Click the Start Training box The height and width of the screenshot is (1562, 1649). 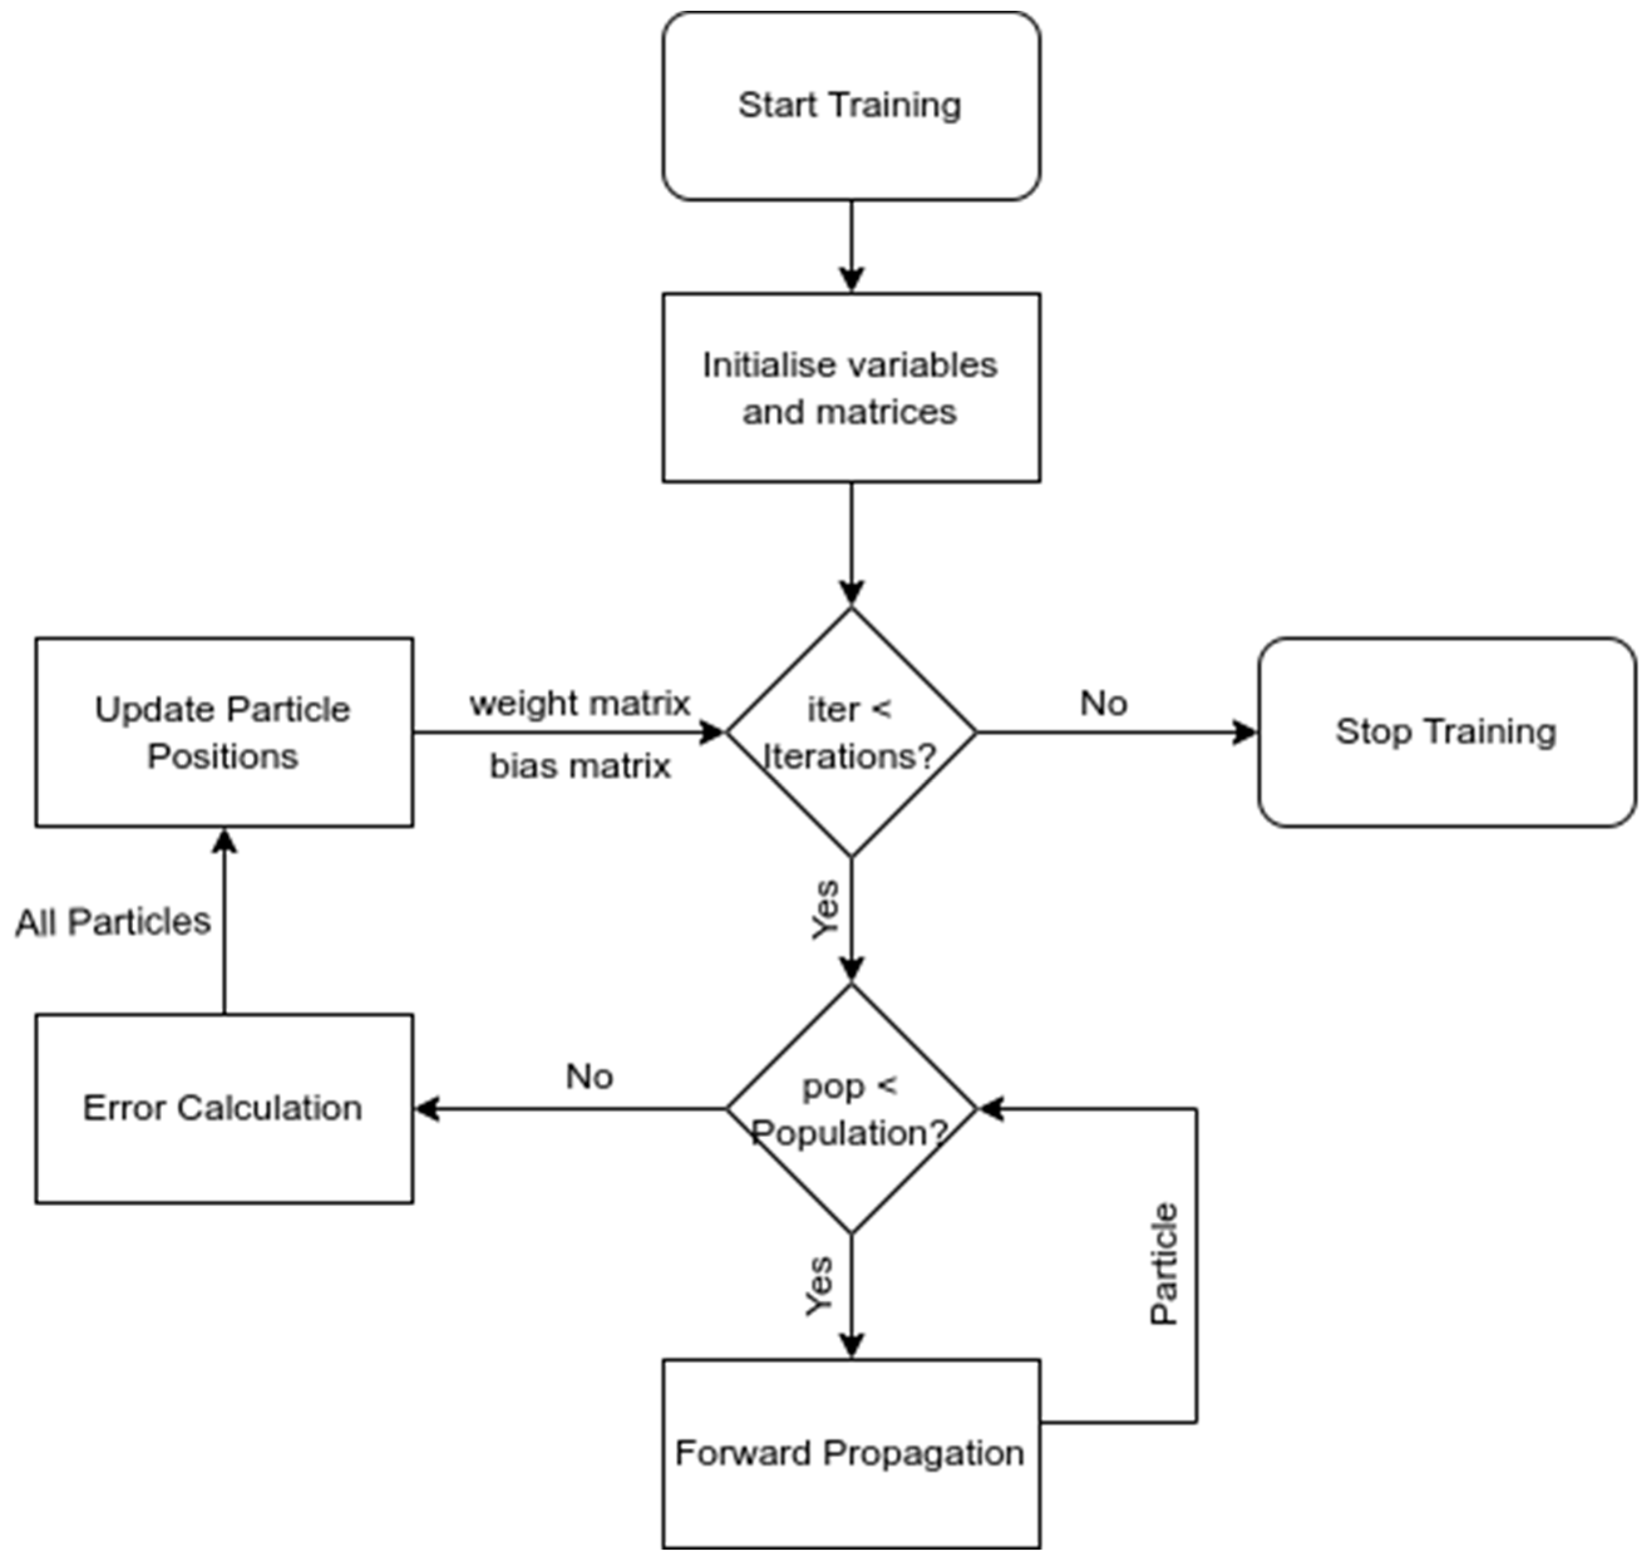coord(851,106)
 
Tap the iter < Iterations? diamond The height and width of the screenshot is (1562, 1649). coord(851,732)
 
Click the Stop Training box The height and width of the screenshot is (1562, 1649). coord(1446,732)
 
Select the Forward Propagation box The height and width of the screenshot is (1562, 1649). coord(851,1453)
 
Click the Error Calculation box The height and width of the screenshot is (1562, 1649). coord(223,1108)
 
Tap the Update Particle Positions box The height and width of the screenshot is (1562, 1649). coord(223,732)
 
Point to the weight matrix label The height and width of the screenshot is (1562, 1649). coord(580,704)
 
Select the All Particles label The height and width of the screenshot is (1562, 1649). coord(113,922)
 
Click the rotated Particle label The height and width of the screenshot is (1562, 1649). coord(1164,1264)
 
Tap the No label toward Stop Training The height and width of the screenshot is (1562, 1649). coord(1104,704)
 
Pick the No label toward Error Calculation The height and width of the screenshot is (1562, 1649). coord(589,1077)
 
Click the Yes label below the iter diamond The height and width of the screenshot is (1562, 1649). coord(825,909)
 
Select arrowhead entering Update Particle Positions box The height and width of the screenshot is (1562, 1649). coord(224,841)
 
